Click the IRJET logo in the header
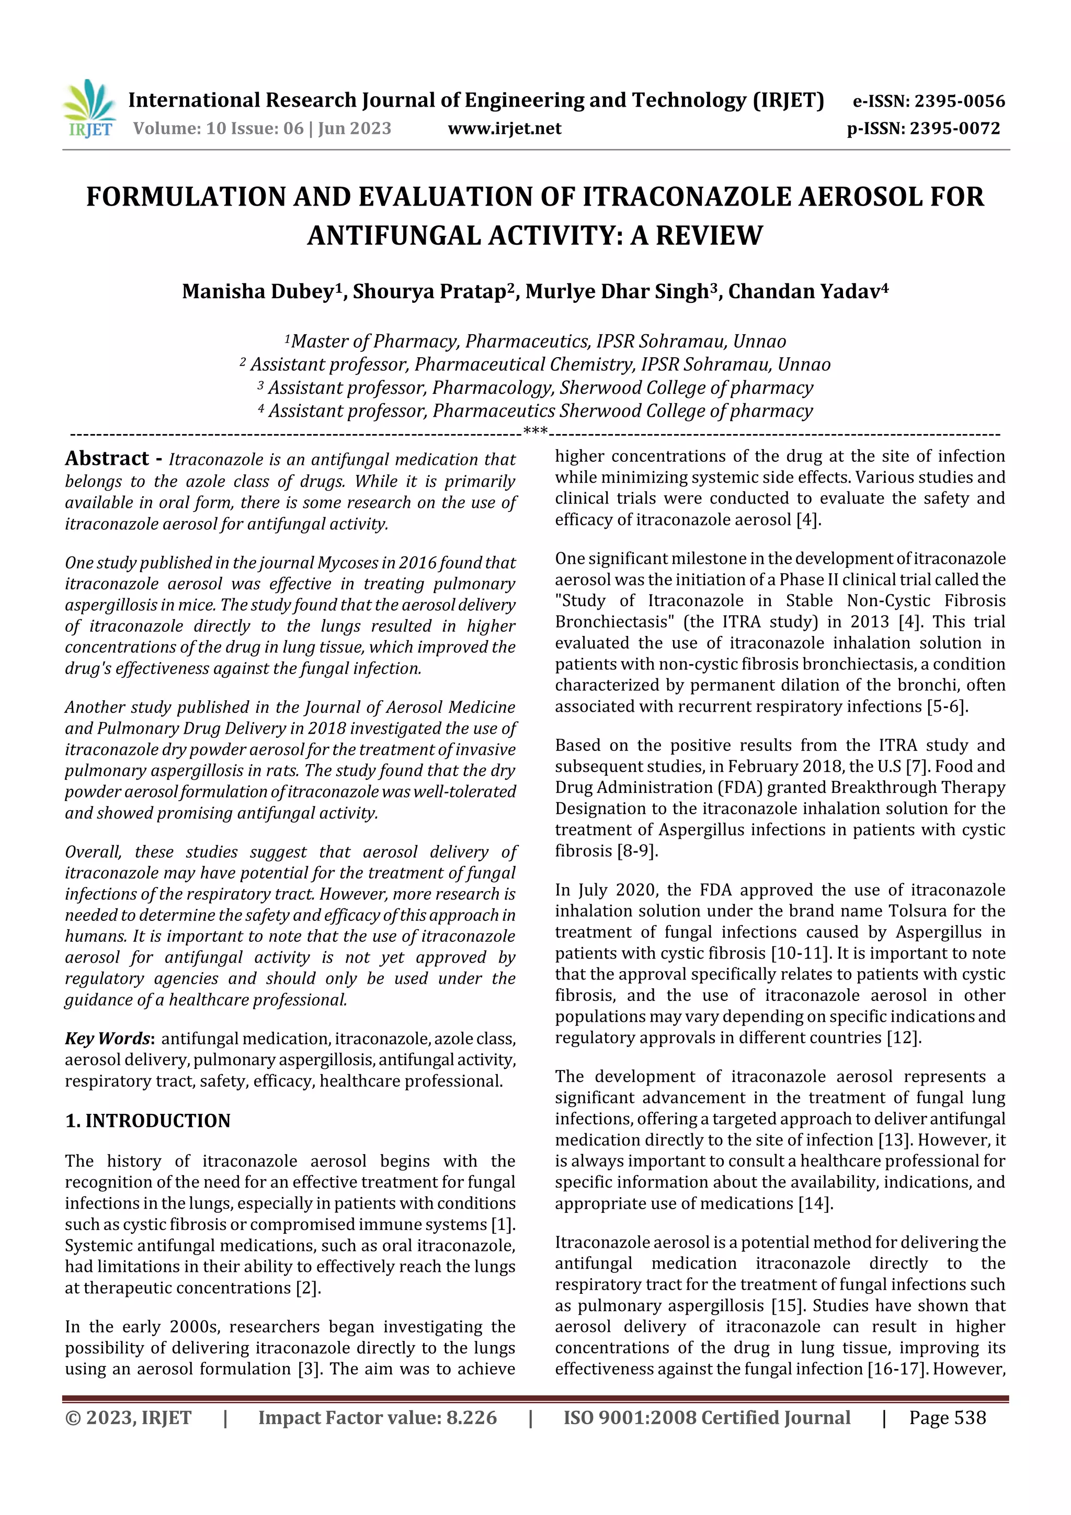pyautogui.click(x=89, y=109)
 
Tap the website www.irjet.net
pyautogui.click(x=504, y=129)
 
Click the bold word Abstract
pyautogui.click(x=107, y=459)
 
